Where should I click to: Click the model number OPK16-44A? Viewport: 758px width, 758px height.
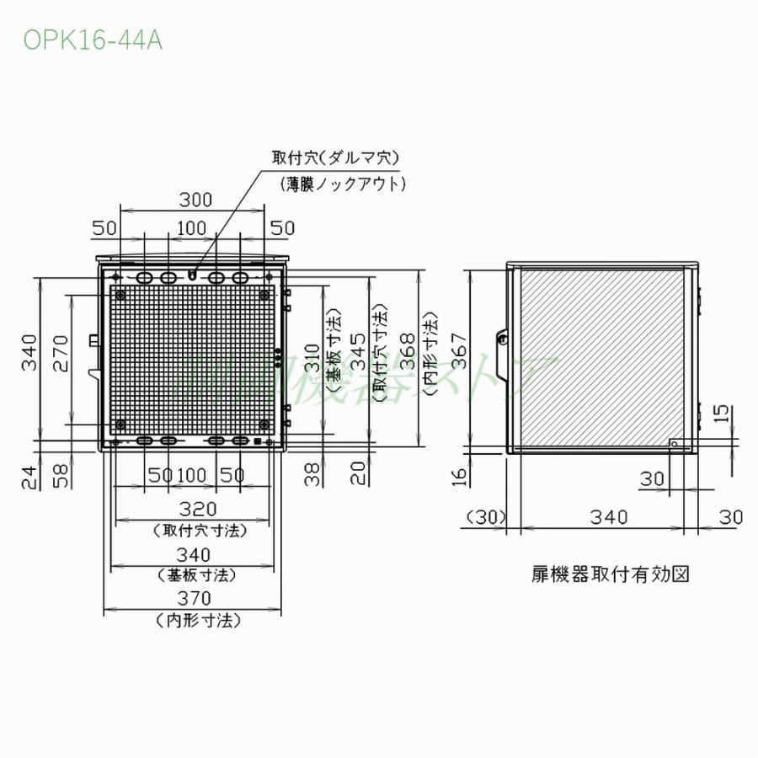(x=93, y=40)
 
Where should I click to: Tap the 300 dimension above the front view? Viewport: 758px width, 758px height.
(x=195, y=200)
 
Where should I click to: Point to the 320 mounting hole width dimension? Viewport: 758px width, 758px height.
(x=197, y=509)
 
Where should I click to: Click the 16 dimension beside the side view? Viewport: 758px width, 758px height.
(x=458, y=478)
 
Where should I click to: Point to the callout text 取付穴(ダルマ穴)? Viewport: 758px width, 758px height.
(x=334, y=157)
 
